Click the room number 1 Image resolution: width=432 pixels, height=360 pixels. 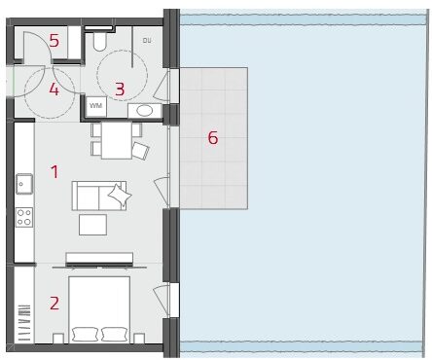(x=54, y=171)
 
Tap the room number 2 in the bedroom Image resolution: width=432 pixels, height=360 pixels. (x=54, y=304)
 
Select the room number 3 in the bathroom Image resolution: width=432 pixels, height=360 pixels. (x=120, y=90)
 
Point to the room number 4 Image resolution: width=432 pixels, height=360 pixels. (x=54, y=90)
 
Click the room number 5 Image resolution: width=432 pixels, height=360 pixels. (x=54, y=41)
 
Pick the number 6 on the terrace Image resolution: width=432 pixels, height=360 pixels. (x=213, y=138)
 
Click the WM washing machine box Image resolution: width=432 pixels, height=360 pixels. (x=95, y=106)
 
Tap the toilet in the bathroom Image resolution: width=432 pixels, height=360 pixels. (x=99, y=41)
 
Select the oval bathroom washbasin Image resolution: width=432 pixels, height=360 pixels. (x=145, y=111)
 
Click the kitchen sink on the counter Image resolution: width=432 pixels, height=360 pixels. (x=24, y=184)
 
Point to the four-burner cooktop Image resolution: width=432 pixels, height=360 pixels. (x=24, y=217)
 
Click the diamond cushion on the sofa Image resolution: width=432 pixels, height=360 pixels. (x=120, y=195)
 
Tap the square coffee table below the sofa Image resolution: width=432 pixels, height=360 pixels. (x=92, y=225)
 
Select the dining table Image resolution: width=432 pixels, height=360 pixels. (x=117, y=140)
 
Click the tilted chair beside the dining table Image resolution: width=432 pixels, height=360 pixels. (x=141, y=151)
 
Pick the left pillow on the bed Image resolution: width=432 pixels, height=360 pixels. (x=85, y=334)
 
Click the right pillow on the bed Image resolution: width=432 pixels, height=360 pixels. (x=114, y=334)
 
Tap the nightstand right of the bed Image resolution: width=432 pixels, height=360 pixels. (x=139, y=339)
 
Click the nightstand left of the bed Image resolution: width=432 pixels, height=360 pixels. (x=58, y=339)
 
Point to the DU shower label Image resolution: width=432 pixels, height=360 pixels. (x=147, y=41)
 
